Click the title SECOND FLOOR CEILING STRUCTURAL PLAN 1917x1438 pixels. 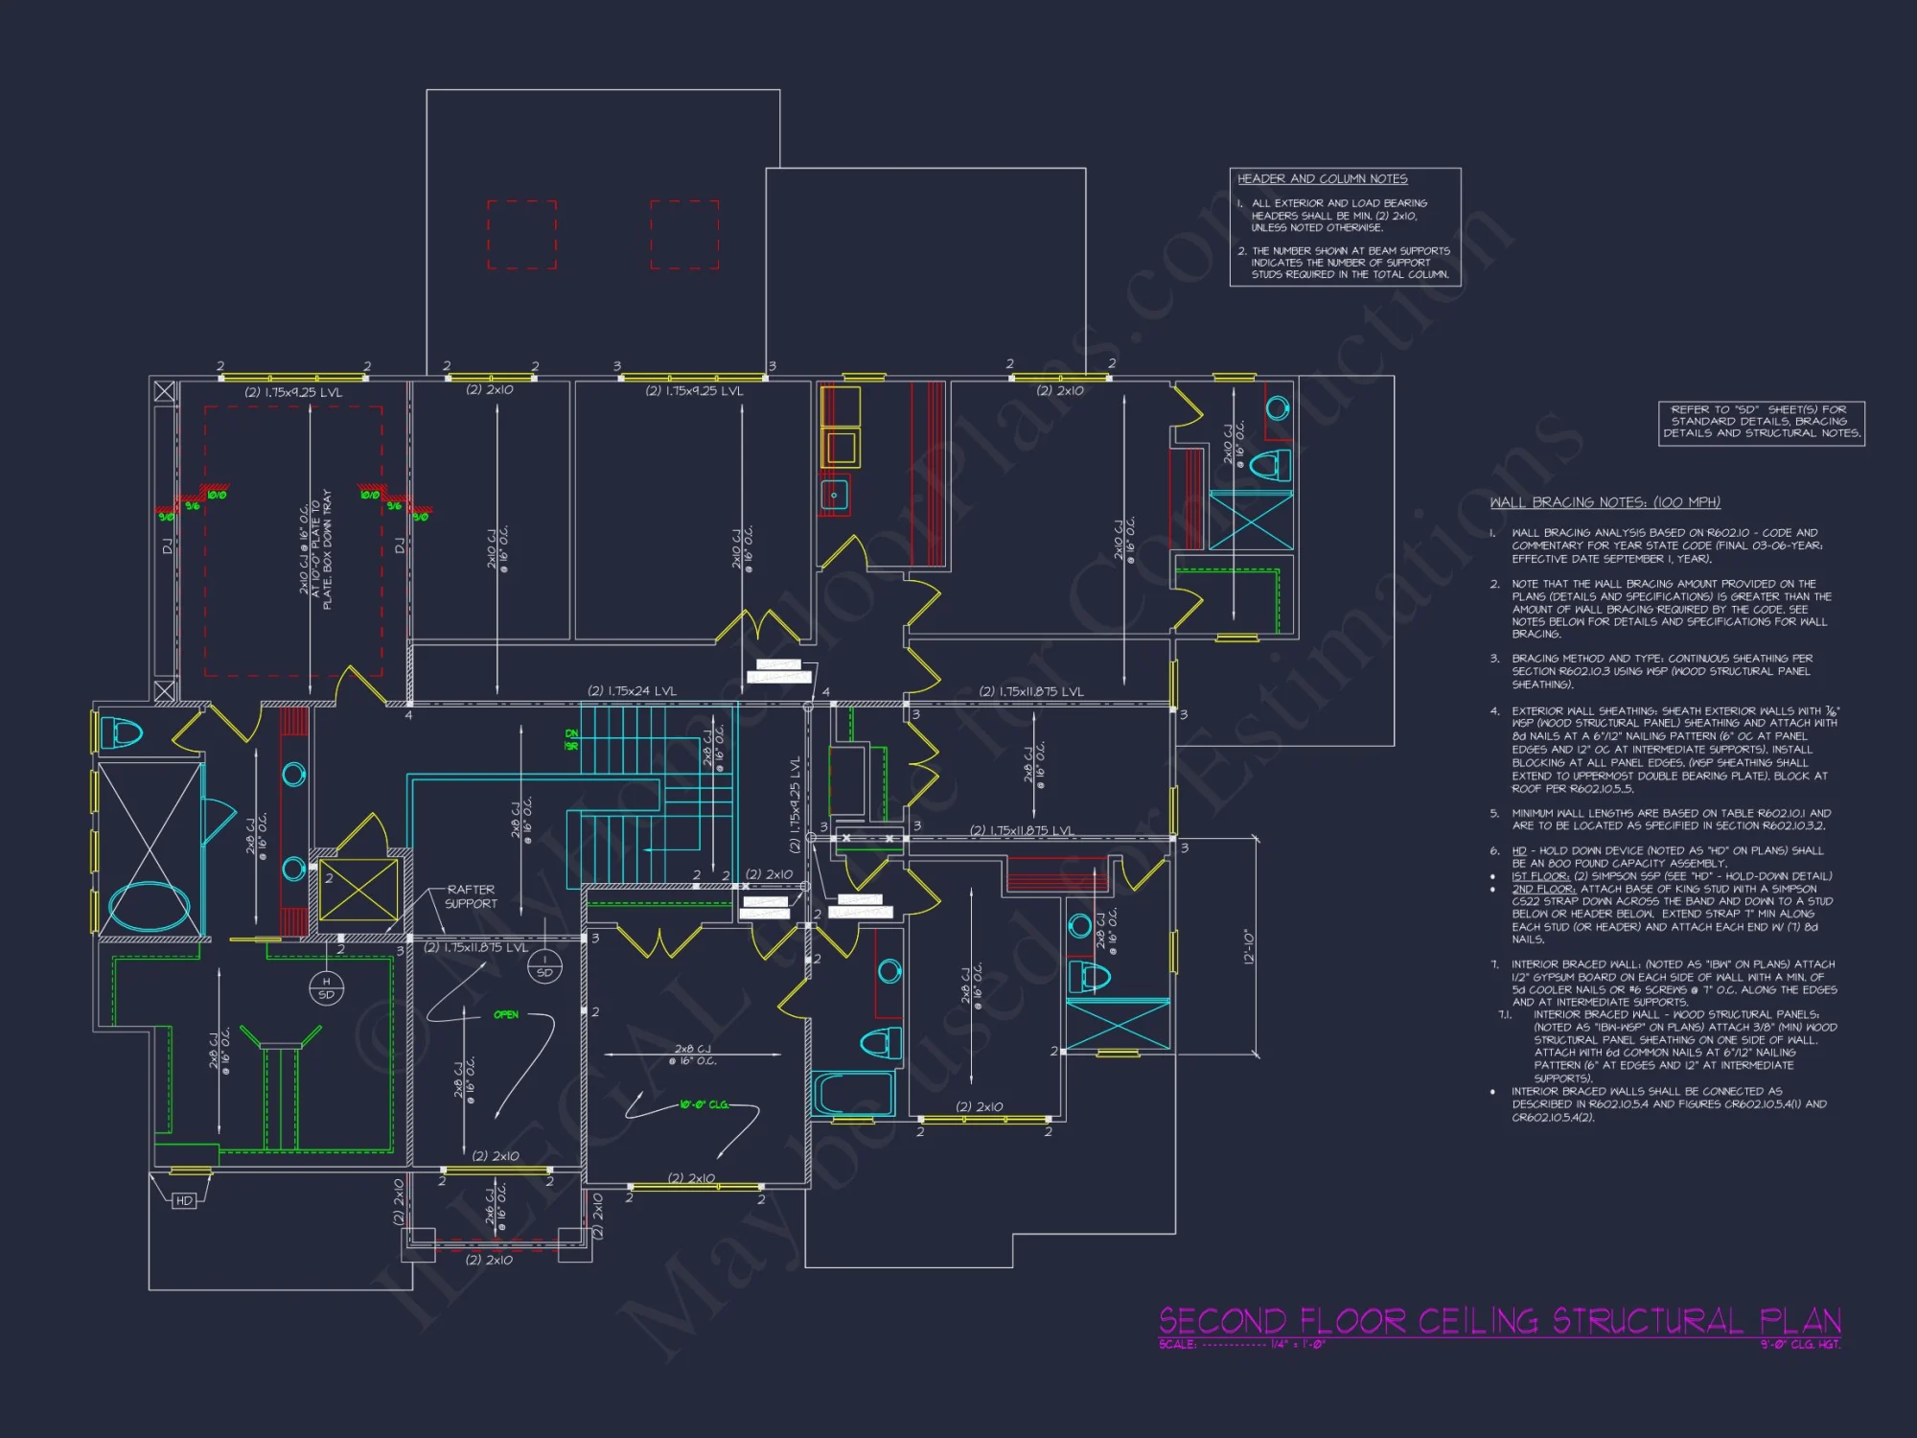click(1499, 1321)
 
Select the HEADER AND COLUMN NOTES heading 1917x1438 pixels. click(1322, 179)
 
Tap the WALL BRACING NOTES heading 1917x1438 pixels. click(1605, 502)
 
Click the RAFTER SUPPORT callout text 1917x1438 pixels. click(471, 896)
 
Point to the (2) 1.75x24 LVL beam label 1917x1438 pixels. click(632, 691)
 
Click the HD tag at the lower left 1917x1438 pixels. click(184, 1200)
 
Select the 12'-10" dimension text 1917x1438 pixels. click(1248, 946)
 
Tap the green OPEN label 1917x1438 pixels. click(506, 1014)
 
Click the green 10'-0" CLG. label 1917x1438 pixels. click(704, 1105)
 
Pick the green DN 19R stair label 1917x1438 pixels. click(571, 740)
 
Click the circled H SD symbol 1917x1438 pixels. click(326, 987)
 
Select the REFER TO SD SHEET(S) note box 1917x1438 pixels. click(1762, 422)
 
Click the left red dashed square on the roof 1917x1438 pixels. click(521, 235)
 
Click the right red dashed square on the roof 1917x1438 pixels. click(684, 235)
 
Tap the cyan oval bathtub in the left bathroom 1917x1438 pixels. click(149, 905)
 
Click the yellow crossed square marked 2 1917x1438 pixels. click(358, 891)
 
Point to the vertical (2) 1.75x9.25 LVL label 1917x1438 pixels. click(795, 804)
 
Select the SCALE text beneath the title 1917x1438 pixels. click(1241, 1345)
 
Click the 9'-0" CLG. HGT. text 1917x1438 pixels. click(1800, 1345)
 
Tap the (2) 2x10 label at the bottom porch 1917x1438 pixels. click(489, 1261)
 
